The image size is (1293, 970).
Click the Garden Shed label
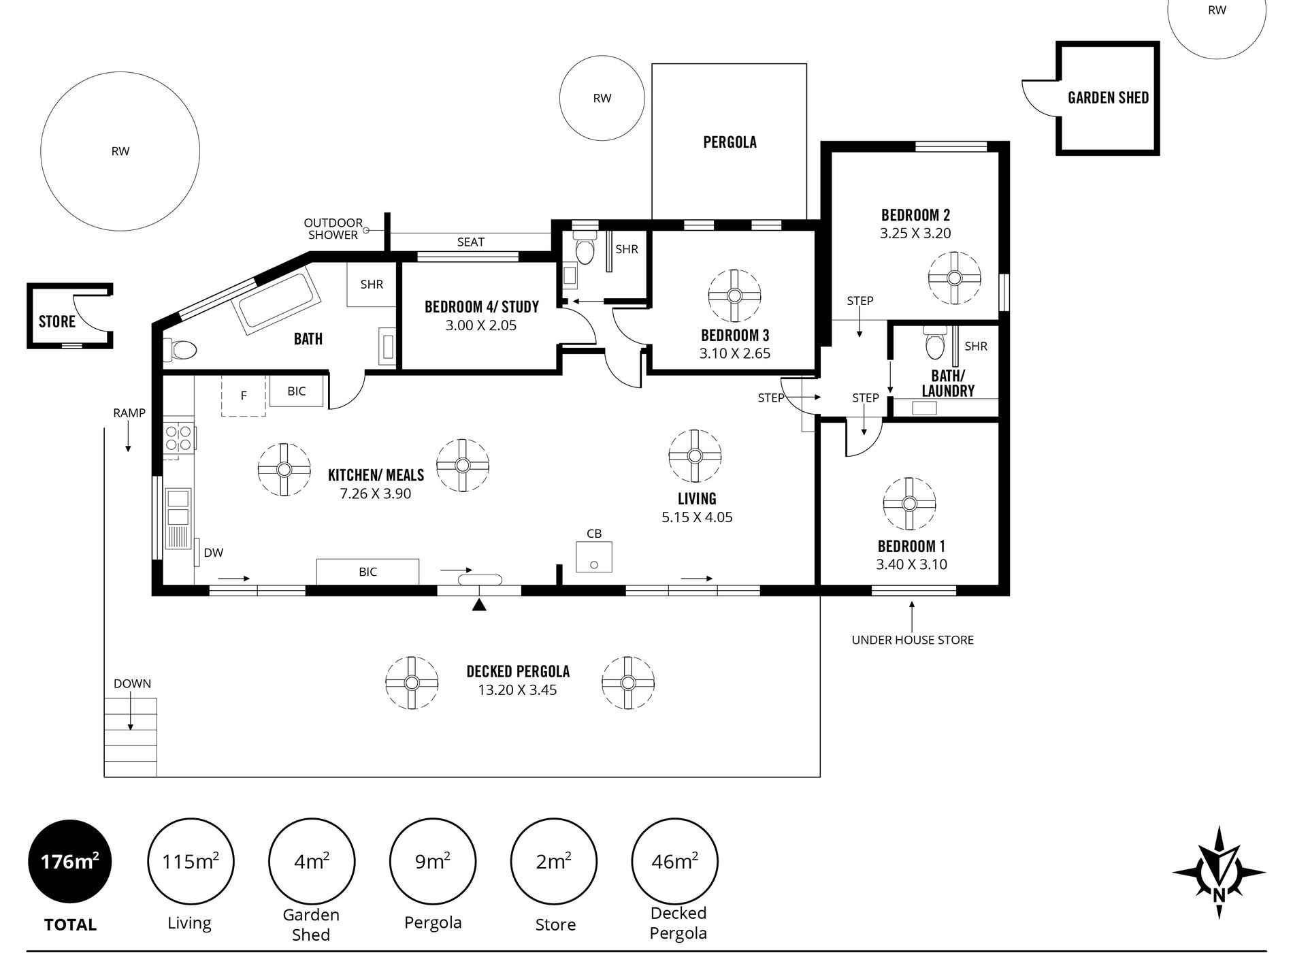tap(1108, 98)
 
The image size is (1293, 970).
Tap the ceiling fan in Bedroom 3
tap(734, 295)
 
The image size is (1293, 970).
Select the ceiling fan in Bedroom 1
tap(909, 504)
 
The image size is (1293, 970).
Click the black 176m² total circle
tap(70, 862)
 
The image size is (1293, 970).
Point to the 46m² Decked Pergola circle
tap(674, 861)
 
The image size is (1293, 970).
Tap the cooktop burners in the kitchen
tap(179, 438)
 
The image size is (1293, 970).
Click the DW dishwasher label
tap(213, 553)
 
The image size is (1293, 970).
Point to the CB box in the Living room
tap(594, 557)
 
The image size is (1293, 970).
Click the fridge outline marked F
tap(243, 395)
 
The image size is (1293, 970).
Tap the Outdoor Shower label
tap(333, 229)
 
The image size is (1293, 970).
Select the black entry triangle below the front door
tap(480, 604)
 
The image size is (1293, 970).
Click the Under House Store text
tap(913, 640)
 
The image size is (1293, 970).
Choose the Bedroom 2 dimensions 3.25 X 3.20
tap(915, 233)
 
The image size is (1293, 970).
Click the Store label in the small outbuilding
tap(57, 321)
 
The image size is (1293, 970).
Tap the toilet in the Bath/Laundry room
tap(935, 343)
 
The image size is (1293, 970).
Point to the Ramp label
tap(129, 413)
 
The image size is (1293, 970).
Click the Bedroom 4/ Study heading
tap(482, 307)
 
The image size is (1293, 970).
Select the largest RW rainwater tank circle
tap(120, 151)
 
